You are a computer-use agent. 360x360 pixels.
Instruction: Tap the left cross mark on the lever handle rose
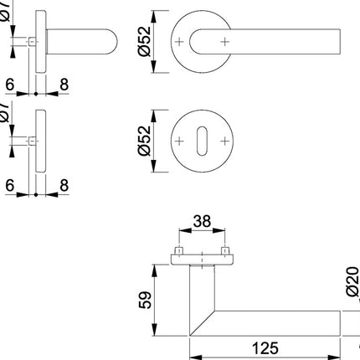tap(178, 40)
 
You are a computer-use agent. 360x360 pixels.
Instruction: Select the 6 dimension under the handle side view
tap(9, 85)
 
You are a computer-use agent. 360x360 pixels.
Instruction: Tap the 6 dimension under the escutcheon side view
tap(9, 185)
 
